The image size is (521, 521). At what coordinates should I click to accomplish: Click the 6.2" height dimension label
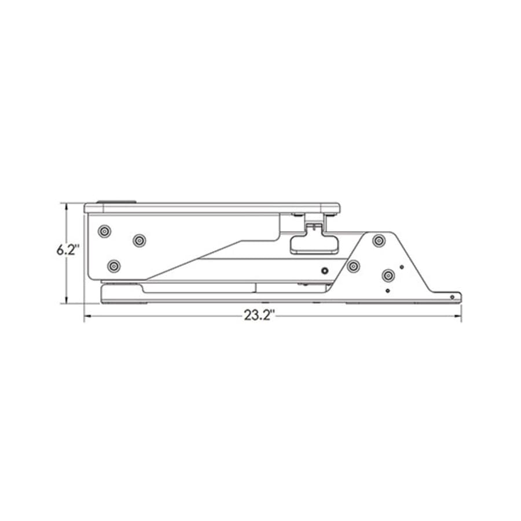point(68,250)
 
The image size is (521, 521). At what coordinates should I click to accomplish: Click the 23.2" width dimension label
point(259,315)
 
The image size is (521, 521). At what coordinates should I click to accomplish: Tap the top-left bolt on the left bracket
point(104,231)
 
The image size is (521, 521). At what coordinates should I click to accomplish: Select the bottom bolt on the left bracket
point(113,266)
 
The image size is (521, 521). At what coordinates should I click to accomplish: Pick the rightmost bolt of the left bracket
point(139,240)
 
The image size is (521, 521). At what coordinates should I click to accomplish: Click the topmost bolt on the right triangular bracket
point(379,240)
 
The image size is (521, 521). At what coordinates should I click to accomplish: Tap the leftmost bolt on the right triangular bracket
point(353,266)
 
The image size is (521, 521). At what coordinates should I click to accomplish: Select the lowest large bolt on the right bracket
point(388,275)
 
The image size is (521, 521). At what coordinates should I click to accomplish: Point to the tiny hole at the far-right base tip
point(452,297)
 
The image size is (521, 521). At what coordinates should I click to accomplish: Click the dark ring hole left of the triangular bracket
point(325,271)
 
